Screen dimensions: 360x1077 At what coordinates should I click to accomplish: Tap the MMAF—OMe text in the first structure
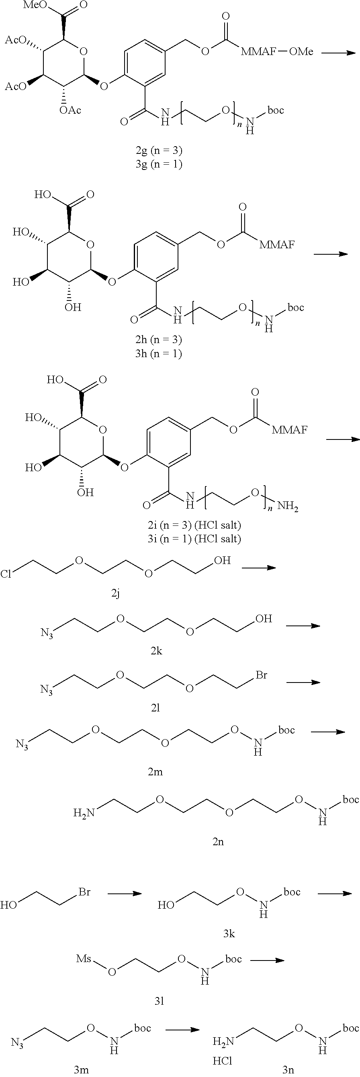click(x=277, y=52)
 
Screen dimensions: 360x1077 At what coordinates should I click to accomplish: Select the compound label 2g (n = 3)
click(x=156, y=150)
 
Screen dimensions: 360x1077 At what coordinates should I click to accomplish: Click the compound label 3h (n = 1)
click(x=156, y=354)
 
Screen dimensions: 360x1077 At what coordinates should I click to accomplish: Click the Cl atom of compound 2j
click(x=6, y=574)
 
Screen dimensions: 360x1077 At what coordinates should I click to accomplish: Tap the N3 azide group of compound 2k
click(x=47, y=633)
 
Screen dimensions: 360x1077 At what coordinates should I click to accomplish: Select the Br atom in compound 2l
click(x=261, y=675)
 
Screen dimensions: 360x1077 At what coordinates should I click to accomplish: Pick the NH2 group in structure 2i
click(x=288, y=507)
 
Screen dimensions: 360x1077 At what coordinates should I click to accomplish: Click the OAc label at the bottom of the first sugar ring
click(x=70, y=110)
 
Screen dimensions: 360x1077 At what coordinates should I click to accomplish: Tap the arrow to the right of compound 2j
click(x=259, y=567)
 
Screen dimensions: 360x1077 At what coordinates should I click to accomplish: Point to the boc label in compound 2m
click(x=287, y=730)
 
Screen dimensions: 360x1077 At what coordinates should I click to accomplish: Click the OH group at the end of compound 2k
click(x=264, y=618)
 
